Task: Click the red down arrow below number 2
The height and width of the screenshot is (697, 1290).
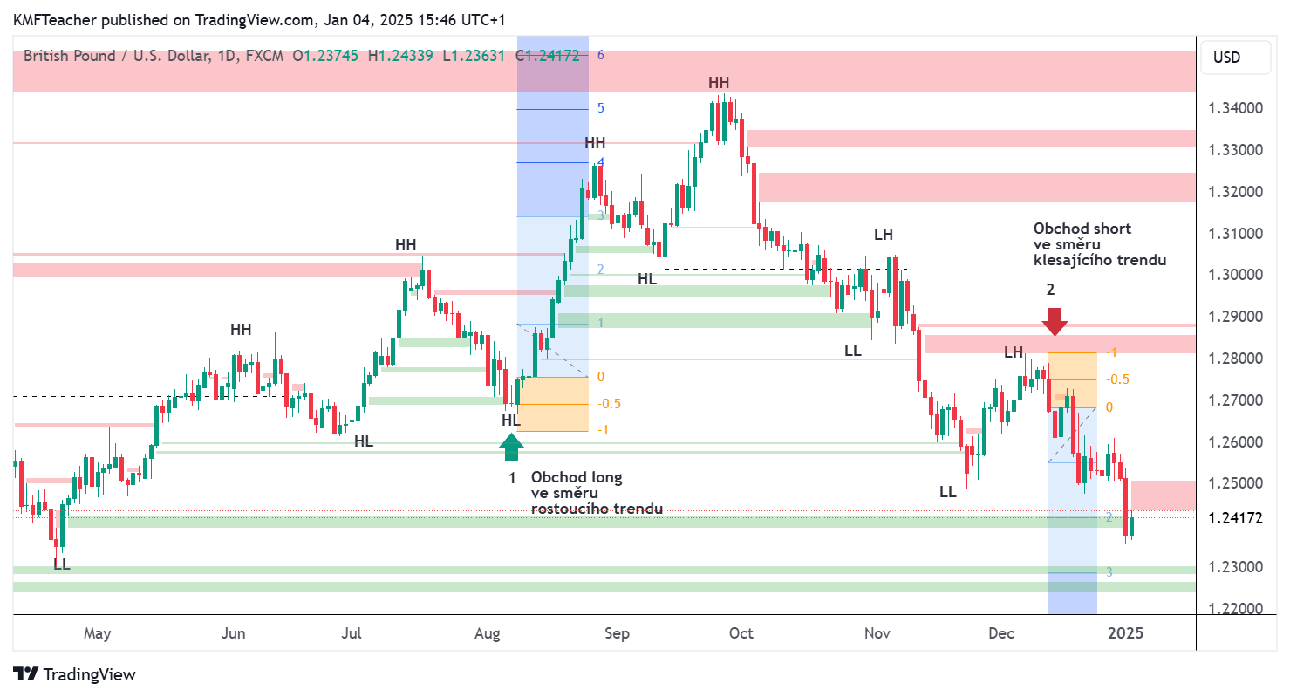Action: point(1055,321)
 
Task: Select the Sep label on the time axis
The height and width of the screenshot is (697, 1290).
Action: point(616,633)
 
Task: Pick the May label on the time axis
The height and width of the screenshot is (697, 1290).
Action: point(97,633)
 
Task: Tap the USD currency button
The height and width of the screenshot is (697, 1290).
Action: point(1226,58)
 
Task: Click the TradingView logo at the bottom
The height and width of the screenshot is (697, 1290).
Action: point(75,674)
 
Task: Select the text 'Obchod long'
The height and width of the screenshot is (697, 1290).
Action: point(577,477)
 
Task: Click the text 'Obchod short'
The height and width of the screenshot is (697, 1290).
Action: point(1082,229)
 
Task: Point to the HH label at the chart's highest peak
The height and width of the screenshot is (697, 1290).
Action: point(719,83)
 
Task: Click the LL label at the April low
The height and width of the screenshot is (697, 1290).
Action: point(61,564)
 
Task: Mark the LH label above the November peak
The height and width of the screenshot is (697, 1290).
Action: point(884,235)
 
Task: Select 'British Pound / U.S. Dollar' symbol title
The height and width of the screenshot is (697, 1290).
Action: point(116,56)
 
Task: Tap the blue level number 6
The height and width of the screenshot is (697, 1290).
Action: point(601,55)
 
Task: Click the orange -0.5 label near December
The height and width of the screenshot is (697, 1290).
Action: point(1118,379)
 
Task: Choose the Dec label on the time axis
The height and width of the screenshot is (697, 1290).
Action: point(1001,633)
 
